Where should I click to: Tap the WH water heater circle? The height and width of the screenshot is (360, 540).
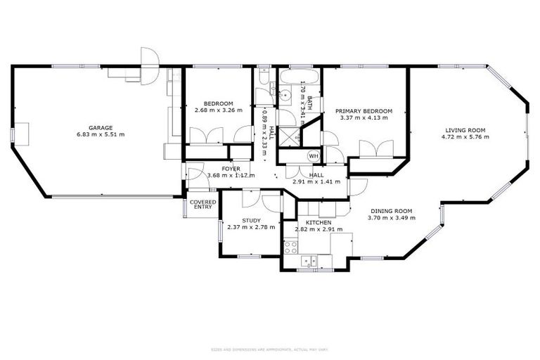[x=314, y=155]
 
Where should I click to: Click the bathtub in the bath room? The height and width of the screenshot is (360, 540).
[x=300, y=77]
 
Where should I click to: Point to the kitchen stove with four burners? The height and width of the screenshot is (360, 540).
[x=291, y=247]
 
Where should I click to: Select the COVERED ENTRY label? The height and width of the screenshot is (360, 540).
[x=202, y=204]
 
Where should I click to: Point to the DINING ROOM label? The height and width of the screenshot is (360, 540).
[x=390, y=211]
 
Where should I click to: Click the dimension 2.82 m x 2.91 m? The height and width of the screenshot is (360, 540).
[x=319, y=229]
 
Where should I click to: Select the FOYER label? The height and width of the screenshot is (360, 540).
[x=231, y=169]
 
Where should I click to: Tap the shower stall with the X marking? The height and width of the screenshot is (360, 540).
[x=288, y=136]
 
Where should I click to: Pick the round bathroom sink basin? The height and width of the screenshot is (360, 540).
[x=287, y=96]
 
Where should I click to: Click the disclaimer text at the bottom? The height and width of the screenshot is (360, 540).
[x=269, y=349]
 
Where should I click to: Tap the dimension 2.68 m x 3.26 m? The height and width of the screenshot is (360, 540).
[x=218, y=110]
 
